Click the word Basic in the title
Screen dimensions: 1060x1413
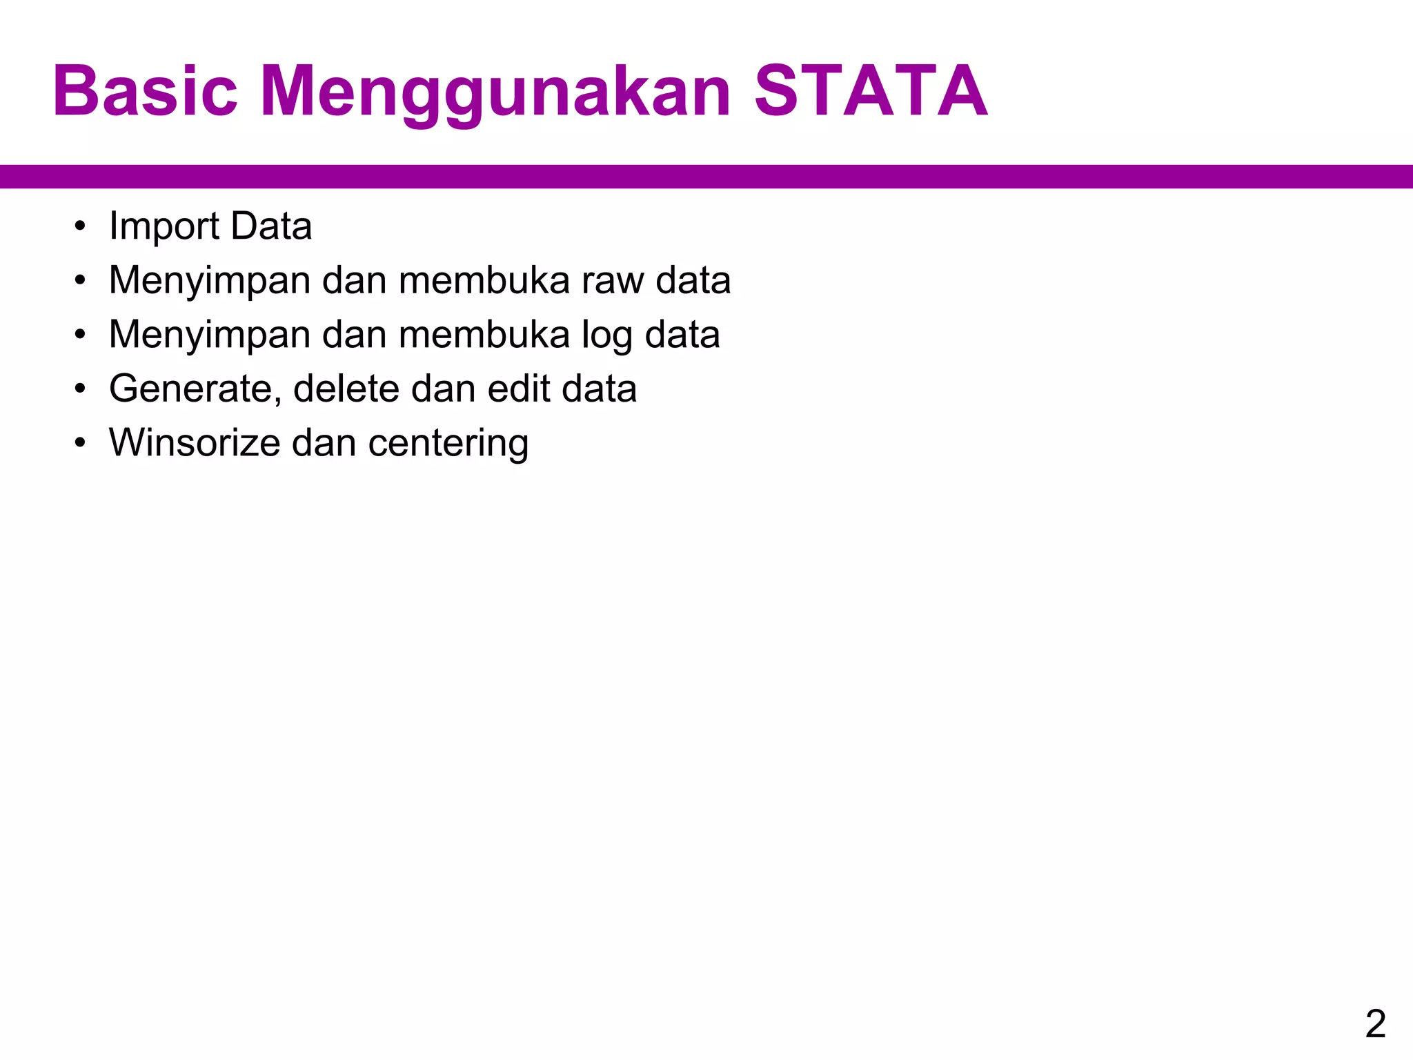pyautogui.click(x=145, y=91)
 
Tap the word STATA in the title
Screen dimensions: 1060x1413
pyautogui.click(x=871, y=91)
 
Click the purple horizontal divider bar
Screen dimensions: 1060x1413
pyautogui.click(x=706, y=177)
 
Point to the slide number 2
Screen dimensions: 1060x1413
pyautogui.click(x=1375, y=1023)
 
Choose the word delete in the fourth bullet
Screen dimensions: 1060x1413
pyautogui.click(x=346, y=389)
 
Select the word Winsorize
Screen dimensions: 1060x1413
pyautogui.click(x=195, y=443)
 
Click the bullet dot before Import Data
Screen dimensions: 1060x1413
pyautogui.click(x=81, y=226)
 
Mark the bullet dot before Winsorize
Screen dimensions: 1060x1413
pyautogui.click(x=81, y=443)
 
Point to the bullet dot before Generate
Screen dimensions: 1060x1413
pyautogui.click(x=81, y=389)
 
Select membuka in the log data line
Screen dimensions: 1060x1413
pyautogui.click(x=484, y=335)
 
